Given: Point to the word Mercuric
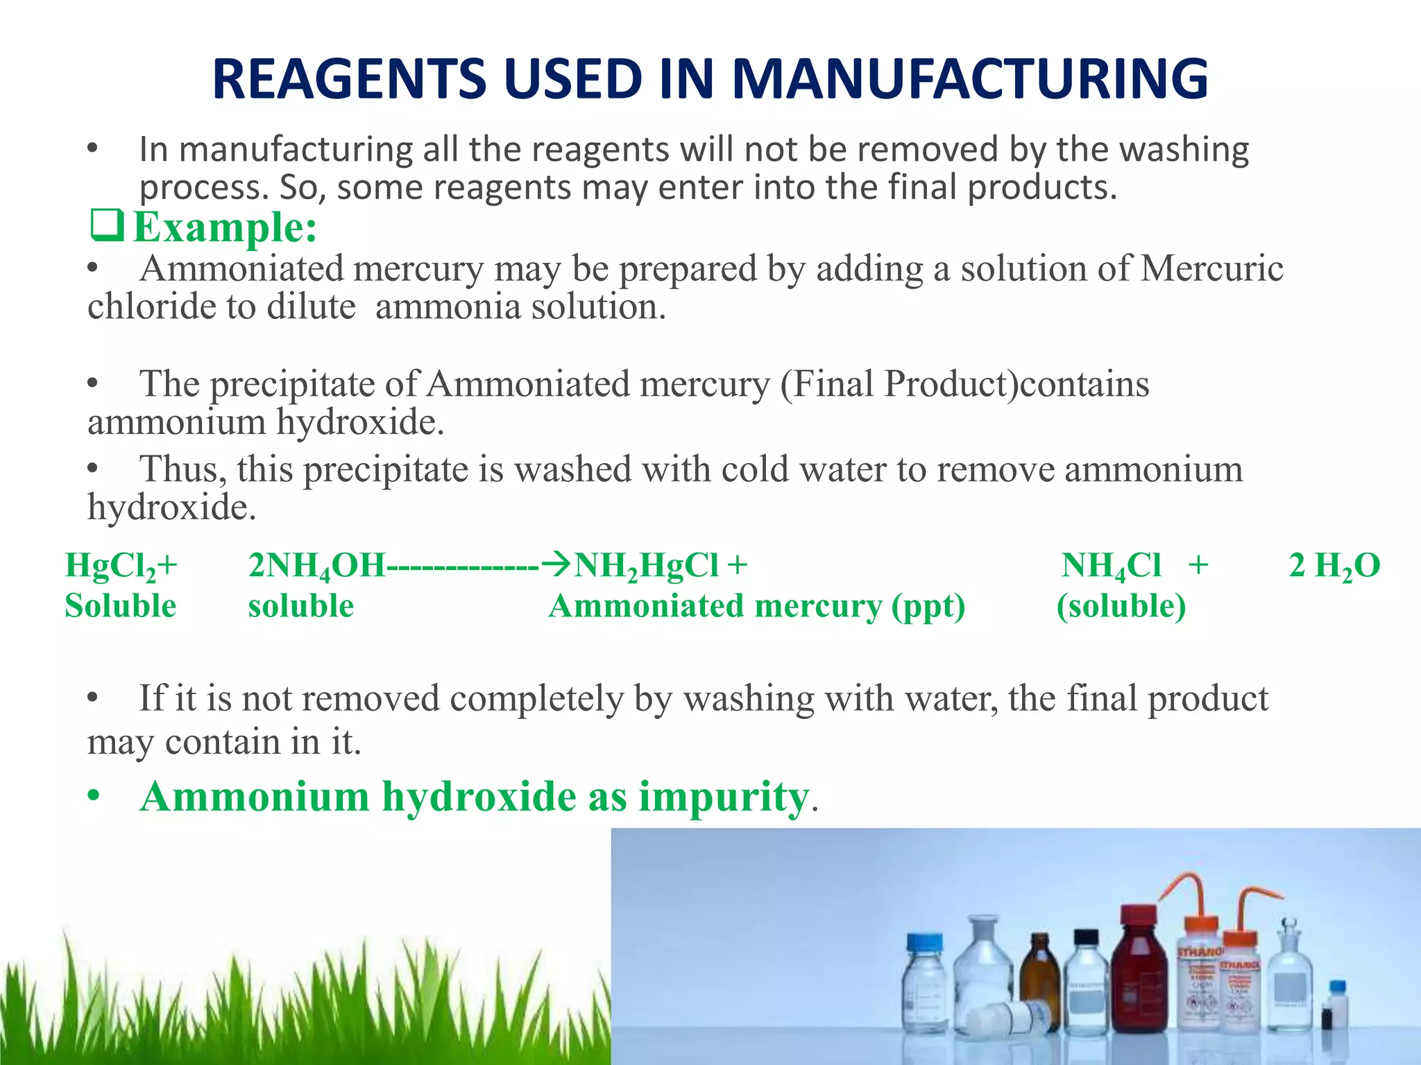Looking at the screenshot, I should [1211, 268].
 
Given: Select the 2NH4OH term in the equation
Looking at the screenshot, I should [316, 566].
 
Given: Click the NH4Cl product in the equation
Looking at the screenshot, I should [1111, 566].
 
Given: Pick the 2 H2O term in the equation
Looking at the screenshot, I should [1334, 566].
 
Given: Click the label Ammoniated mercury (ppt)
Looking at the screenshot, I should [756, 606].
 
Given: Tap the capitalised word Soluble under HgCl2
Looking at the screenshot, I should [120, 606].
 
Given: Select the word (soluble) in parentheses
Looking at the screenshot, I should [1121, 606].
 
